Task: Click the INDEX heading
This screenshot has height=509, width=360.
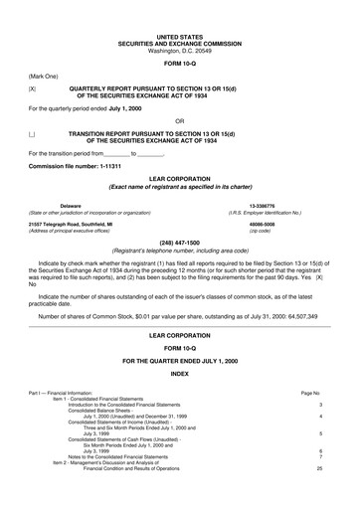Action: [179, 373]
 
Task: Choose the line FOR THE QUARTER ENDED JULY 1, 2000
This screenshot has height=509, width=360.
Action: [179, 358]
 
